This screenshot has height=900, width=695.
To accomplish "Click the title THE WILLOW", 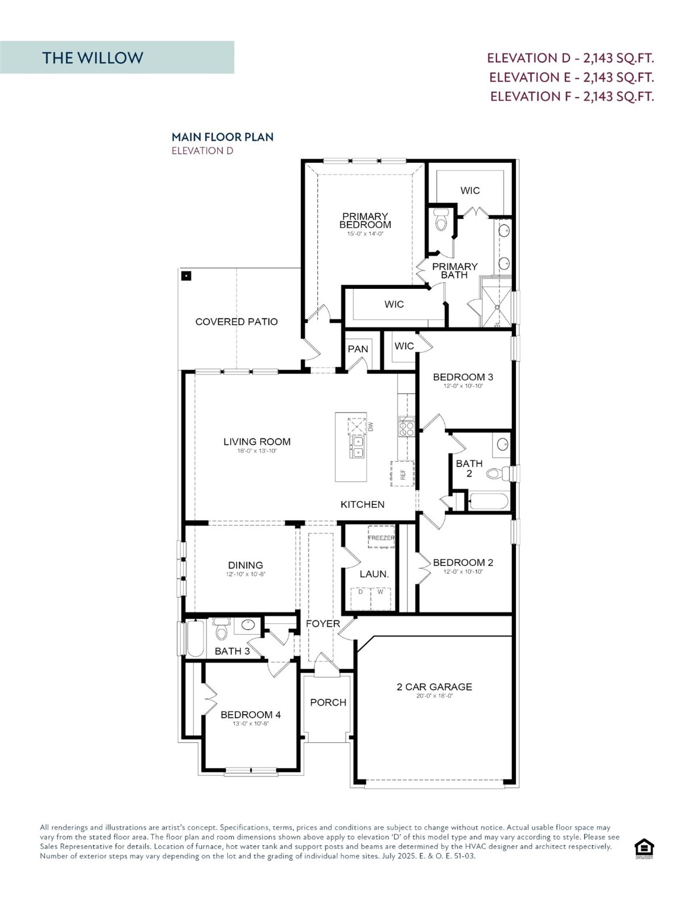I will click(93, 57).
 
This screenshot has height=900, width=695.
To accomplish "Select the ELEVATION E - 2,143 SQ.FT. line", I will click(571, 77).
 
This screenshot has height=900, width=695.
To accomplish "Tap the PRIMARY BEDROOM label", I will click(365, 220).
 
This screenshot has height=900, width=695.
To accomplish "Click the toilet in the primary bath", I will click(441, 221).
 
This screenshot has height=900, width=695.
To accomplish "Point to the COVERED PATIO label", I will click(237, 322).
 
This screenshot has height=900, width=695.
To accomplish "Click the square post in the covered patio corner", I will click(186, 275).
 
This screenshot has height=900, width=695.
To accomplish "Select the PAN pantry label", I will click(358, 349).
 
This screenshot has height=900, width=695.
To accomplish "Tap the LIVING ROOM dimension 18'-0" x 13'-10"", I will click(256, 451).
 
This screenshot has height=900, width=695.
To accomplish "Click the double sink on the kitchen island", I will click(357, 446).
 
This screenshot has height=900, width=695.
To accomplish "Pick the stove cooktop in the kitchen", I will click(406, 427).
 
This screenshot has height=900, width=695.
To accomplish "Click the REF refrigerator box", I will click(402, 474).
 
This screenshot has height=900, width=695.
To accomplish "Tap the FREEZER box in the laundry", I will click(381, 538).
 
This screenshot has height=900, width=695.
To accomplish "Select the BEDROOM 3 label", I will click(463, 377).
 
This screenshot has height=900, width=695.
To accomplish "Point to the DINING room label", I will click(245, 565).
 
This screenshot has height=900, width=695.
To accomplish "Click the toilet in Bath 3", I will click(221, 630).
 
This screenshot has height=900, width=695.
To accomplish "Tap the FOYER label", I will click(323, 623).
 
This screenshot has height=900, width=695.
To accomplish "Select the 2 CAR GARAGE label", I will click(434, 687).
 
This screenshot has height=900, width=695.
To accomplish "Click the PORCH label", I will click(328, 702).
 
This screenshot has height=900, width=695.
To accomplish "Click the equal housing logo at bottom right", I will click(644, 848).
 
